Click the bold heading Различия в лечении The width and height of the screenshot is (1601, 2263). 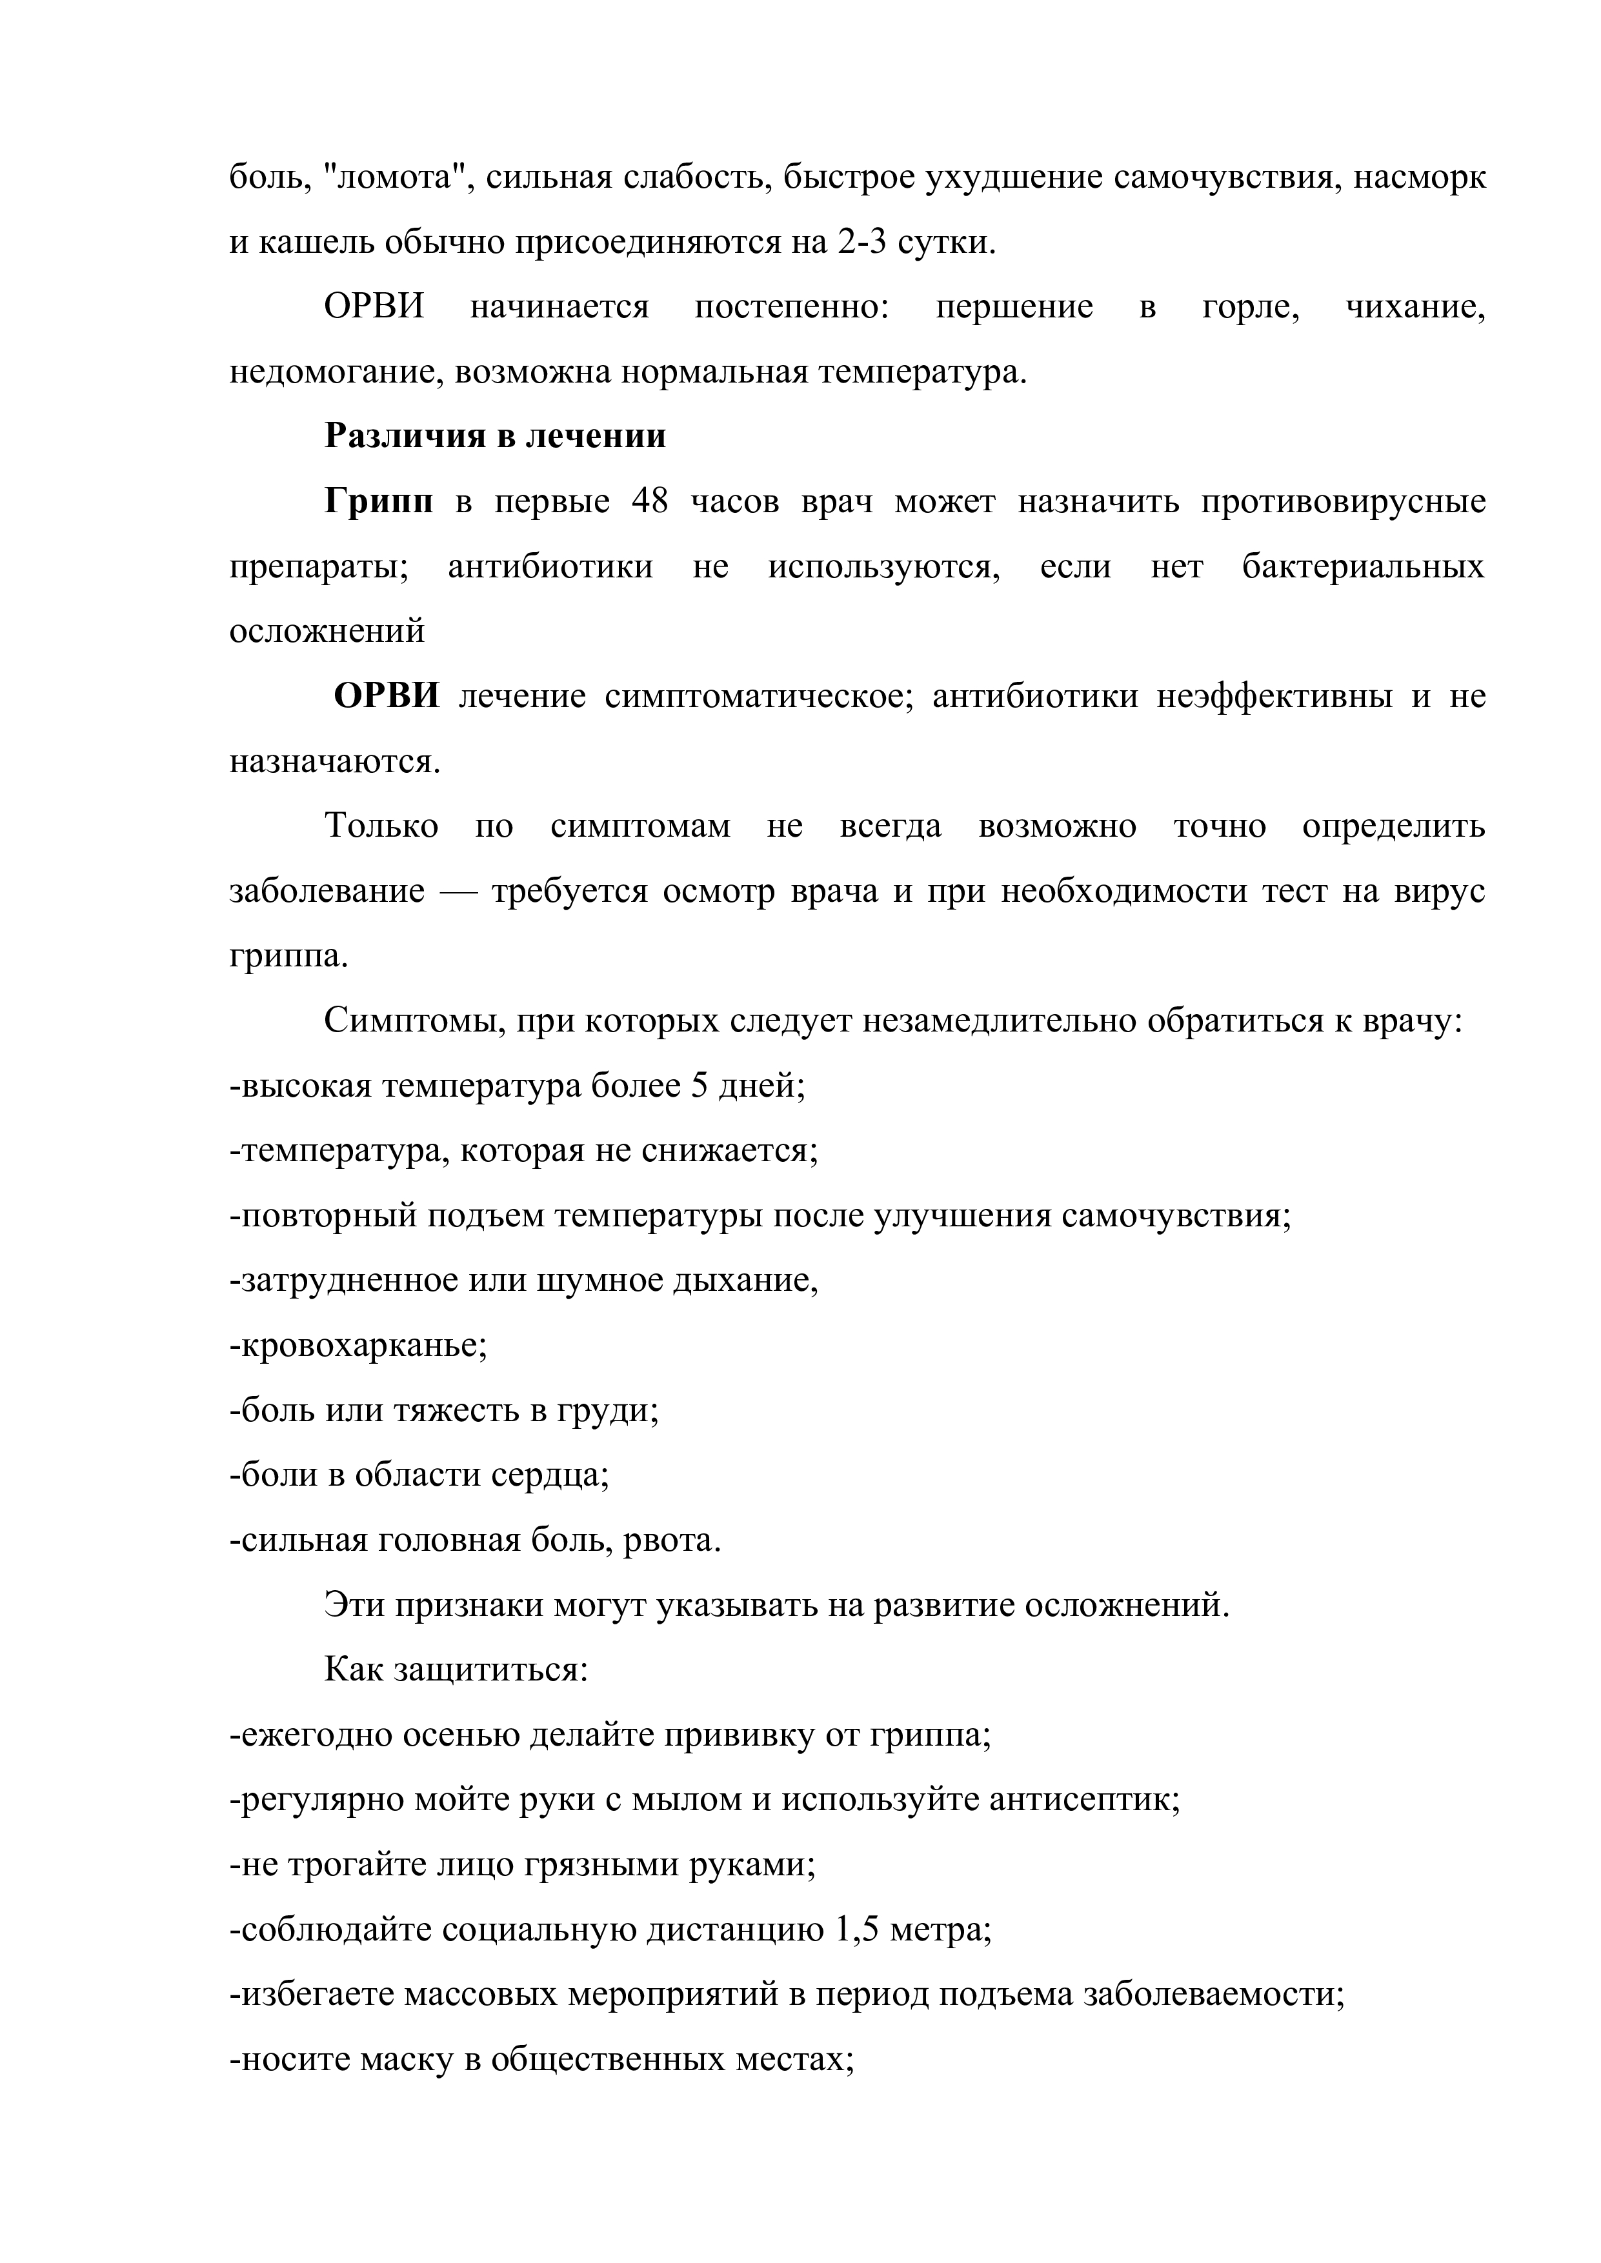point(495,437)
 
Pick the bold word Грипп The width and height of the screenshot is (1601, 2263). point(379,503)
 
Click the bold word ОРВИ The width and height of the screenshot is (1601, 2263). point(387,697)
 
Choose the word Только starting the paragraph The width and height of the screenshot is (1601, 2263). point(381,826)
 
